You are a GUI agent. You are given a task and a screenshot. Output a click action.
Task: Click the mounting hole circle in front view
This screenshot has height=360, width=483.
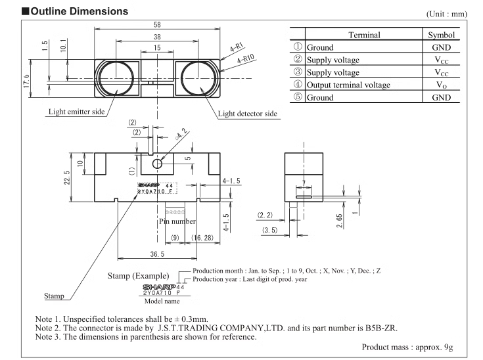pyautogui.click(x=156, y=164)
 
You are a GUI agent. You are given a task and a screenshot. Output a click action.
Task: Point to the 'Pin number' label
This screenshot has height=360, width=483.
pyautogui.click(x=178, y=221)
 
